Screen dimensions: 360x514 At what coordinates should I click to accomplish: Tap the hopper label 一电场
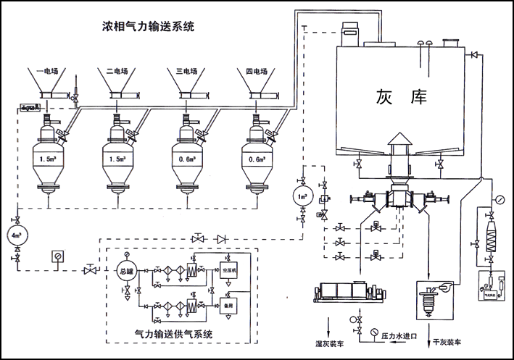click(x=50, y=72)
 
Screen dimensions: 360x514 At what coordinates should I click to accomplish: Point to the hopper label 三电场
click(x=188, y=72)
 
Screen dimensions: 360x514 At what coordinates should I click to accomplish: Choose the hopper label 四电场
click(x=256, y=72)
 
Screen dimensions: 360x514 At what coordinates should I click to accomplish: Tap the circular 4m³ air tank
click(x=17, y=235)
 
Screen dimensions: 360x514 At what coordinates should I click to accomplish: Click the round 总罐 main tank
click(x=128, y=271)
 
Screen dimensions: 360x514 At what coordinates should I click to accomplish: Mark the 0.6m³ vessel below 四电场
click(x=257, y=157)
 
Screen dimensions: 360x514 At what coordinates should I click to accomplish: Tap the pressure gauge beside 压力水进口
click(x=373, y=332)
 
